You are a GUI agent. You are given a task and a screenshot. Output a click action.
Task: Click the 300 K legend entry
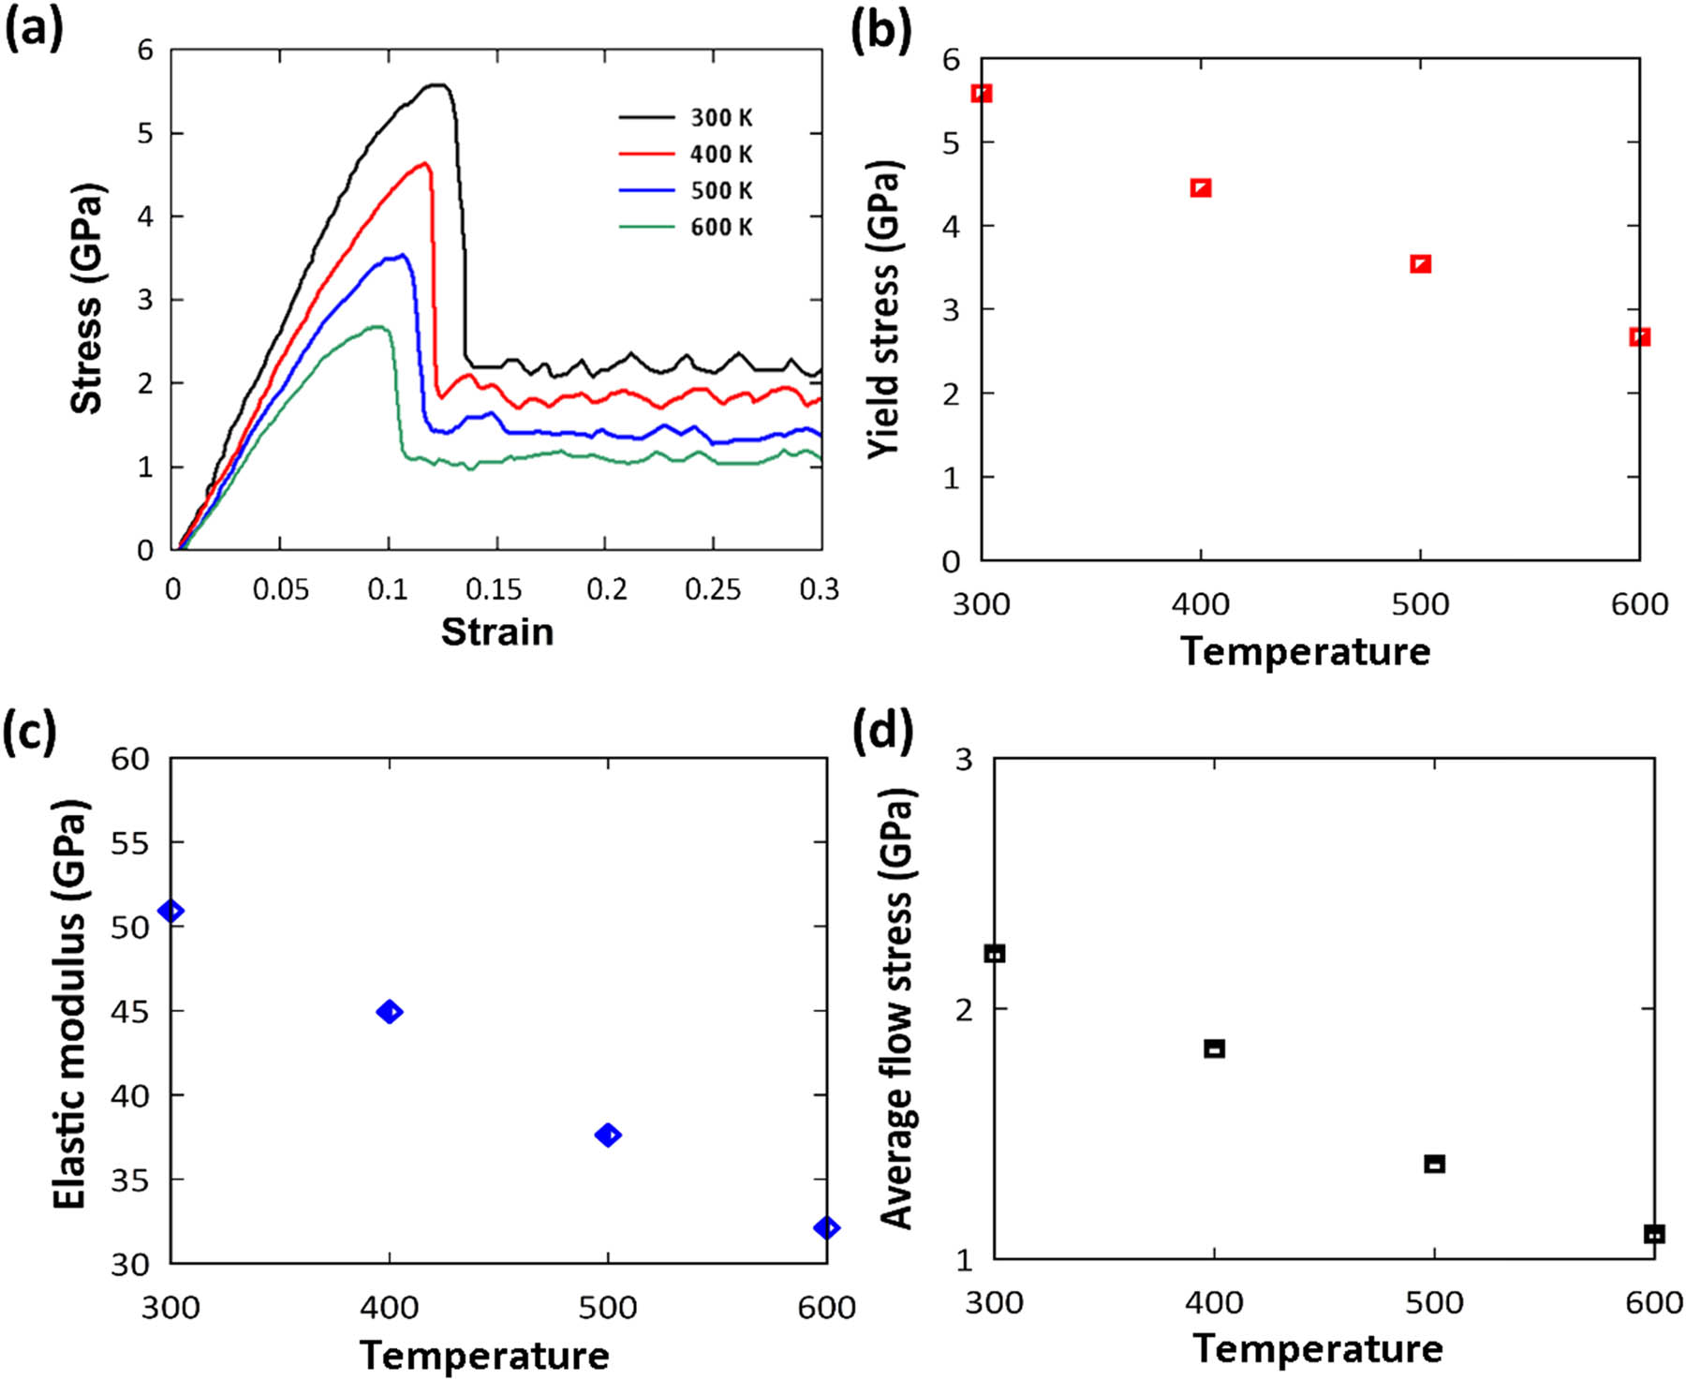pos(720,118)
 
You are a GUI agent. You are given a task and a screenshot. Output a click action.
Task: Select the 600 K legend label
pos(720,228)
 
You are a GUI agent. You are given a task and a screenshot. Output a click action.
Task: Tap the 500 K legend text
pos(720,191)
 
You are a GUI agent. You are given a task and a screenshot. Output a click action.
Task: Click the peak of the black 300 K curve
pos(436,85)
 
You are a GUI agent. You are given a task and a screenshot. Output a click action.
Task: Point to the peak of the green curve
pos(376,326)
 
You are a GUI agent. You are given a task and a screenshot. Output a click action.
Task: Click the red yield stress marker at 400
pos(1201,188)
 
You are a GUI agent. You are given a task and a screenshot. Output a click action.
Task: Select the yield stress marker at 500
pos(1420,264)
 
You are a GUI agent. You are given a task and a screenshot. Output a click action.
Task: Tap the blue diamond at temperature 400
pos(389,1012)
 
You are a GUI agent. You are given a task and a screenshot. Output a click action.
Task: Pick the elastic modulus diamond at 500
pos(608,1136)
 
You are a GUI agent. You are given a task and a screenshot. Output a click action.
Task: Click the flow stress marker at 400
pos(1214,1048)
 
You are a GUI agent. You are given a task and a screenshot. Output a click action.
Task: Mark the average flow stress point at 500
pos(1434,1165)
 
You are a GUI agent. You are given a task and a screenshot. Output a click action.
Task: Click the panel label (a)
pos(34,30)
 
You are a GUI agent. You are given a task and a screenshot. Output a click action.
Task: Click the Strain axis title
pos(497,632)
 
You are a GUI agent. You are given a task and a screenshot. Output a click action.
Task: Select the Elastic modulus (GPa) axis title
pos(69,1004)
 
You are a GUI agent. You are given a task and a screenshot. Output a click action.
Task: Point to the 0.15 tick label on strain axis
pos(496,589)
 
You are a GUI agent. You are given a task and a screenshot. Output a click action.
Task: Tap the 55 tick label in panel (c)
pos(130,843)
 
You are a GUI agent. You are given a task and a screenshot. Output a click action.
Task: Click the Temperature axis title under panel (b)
pos(1306,652)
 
